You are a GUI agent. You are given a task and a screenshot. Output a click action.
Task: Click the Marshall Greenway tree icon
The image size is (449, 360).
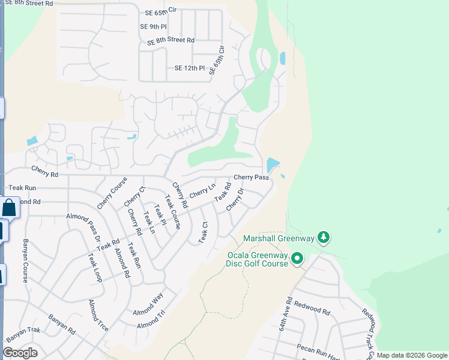324,238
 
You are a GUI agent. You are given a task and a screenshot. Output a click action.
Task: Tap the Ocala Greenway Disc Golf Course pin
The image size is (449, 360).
297,259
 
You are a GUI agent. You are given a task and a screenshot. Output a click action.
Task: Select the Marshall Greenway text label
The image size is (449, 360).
279,239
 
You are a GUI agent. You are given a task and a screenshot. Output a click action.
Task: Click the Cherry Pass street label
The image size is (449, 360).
251,178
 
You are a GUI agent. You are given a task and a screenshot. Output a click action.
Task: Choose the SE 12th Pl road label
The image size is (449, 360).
190,68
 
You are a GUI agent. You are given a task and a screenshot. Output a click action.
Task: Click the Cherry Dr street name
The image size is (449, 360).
235,200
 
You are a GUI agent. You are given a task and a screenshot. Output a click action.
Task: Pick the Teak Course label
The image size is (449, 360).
172,212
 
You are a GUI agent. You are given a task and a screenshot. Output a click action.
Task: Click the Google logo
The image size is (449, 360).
20,353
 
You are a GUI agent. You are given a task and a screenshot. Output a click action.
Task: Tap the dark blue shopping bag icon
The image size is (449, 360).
10,208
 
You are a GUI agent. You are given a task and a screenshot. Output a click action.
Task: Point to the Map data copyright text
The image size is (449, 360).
412,355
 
